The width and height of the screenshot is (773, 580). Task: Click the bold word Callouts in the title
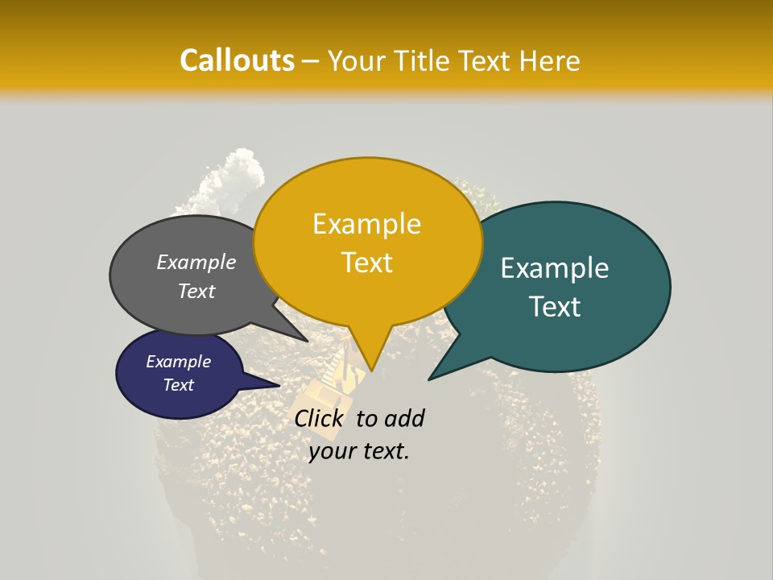pyautogui.click(x=237, y=60)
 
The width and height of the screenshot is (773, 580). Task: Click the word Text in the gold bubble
pyautogui.click(x=366, y=263)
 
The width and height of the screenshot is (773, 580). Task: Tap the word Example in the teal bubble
pyautogui.click(x=555, y=267)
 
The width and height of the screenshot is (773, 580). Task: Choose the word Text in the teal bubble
pyautogui.click(x=555, y=307)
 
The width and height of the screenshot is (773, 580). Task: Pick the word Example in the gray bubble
pyautogui.click(x=196, y=262)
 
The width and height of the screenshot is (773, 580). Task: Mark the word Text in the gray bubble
pyautogui.click(x=196, y=291)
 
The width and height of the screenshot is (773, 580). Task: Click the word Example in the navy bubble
pyautogui.click(x=178, y=362)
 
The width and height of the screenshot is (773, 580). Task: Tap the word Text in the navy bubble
pyautogui.click(x=178, y=385)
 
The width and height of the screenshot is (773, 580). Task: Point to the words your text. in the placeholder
pyautogui.click(x=359, y=451)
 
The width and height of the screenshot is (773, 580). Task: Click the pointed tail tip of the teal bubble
pyautogui.click(x=430, y=379)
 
